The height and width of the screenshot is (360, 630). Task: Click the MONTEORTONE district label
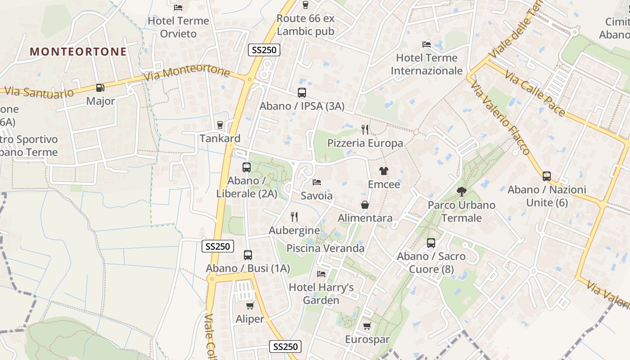(x=78, y=52)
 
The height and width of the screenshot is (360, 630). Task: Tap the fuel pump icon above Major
(x=100, y=88)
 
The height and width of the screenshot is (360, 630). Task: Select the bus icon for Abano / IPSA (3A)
(x=302, y=93)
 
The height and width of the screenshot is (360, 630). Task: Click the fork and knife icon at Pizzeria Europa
(x=365, y=130)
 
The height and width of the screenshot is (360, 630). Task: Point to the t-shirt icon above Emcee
(x=383, y=171)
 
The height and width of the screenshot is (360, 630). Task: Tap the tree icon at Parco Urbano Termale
(x=461, y=192)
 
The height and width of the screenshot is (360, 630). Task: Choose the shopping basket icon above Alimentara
(x=365, y=205)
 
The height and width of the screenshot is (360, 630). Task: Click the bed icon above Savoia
(x=317, y=182)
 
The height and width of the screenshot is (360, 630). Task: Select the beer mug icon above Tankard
(x=220, y=125)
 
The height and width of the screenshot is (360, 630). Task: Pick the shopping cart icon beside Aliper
(x=250, y=306)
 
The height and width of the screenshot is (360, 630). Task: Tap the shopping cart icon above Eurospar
(x=367, y=326)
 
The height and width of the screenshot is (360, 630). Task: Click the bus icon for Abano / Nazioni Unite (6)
(x=547, y=176)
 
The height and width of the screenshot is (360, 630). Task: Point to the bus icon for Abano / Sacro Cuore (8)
(x=431, y=243)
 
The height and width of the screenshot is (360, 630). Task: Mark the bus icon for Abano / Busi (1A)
(x=247, y=255)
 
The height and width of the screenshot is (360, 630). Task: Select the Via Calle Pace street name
(x=534, y=93)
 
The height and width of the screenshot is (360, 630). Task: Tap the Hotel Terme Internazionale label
(x=427, y=64)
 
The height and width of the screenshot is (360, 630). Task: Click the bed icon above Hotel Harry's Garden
(x=321, y=274)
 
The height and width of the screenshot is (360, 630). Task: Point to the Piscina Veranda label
(x=325, y=248)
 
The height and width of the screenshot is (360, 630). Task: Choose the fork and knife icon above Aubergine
(x=294, y=217)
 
